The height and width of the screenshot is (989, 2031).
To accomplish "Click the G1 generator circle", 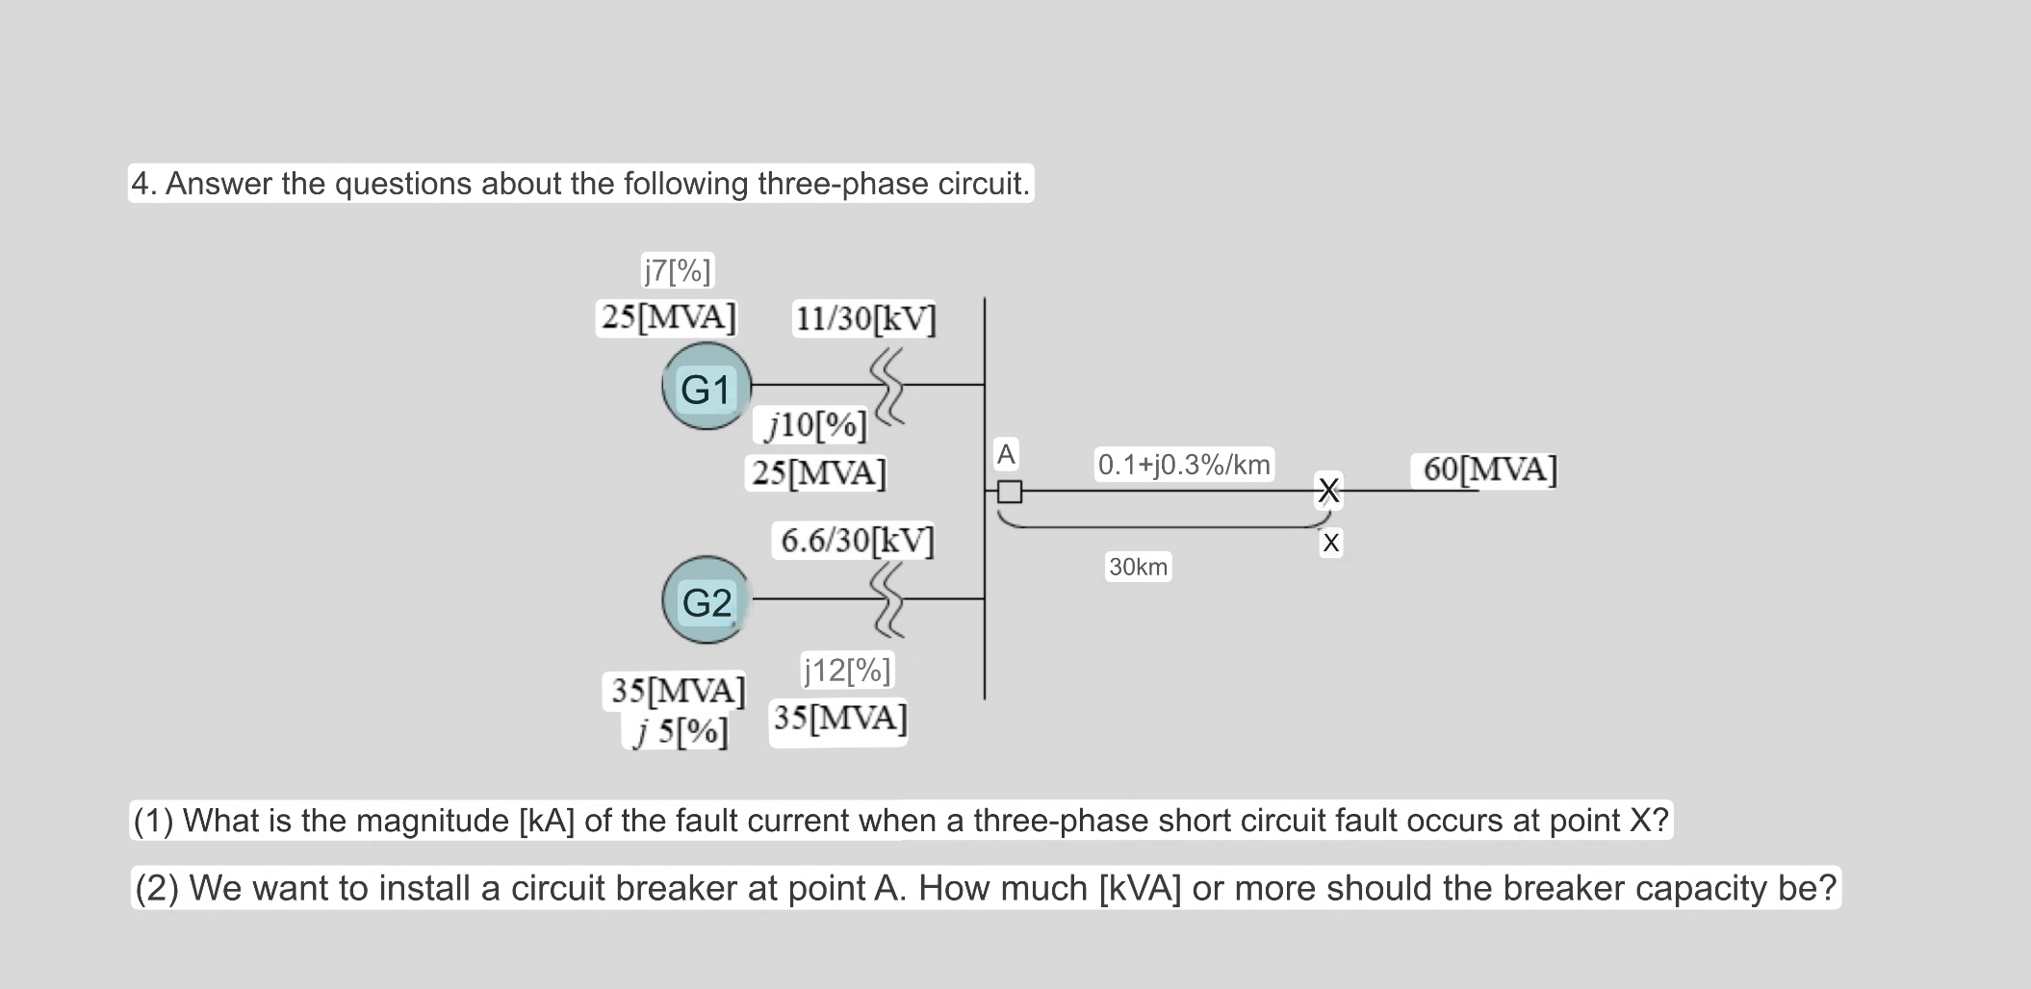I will pyautogui.click(x=707, y=387).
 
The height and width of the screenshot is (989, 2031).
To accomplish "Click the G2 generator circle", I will pyautogui.click(x=707, y=600).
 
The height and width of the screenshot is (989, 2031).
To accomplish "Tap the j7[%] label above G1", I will pyautogui.click(x=677, y=270).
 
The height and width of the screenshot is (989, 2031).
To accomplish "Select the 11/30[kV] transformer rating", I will pyautogui.click(x=864, y=317).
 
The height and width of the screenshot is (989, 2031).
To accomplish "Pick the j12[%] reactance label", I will pyautogui.click(x=847, y=670).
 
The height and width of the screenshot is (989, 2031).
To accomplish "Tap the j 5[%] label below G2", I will pyautogui.click(x=679, y=733).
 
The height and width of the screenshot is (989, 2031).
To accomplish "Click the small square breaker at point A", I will pyautogui.click(x=1009, y=492).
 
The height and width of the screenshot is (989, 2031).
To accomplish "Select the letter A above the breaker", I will pyautogui.click(x=1006, y=454).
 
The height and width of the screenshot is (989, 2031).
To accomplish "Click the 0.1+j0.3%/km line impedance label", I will pyautogui.click(x=1184, y=465).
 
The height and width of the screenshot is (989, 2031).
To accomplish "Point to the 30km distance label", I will pyautogui.click(x=1138, y=567).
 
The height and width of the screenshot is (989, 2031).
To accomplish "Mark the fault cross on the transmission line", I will pyautogui.click(x=1328, y=491).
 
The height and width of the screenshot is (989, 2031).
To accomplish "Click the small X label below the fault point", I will pyautogui.click(x=1330, y=544).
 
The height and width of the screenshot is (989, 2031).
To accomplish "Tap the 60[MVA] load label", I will pyautogui.click(x=1489, y=469).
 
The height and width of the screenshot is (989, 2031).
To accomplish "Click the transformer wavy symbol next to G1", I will pyautogui.click(x=889, y=385).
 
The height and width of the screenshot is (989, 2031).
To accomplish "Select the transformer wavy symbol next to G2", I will pyautogui.click(x=887, y=599).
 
